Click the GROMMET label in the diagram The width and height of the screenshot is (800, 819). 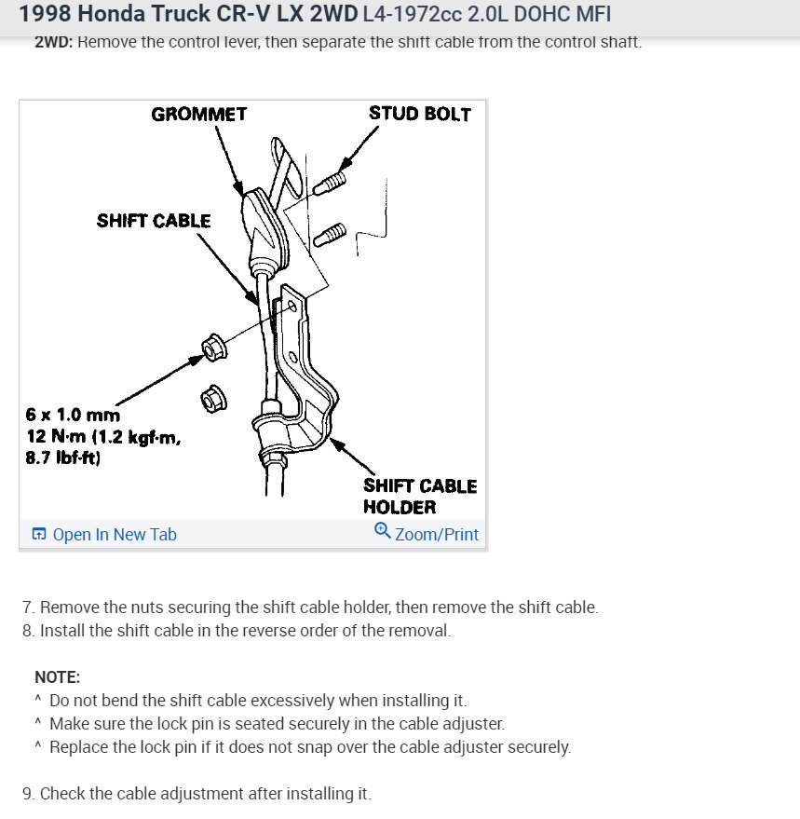(x=198, y=115)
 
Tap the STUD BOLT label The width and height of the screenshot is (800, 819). (x=419, y=114)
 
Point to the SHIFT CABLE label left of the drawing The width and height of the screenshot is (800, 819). (x=154, y=221)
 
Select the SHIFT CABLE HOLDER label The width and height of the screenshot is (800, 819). (x=419, y=497)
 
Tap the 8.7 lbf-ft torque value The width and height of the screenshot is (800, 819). (x=63, y=457)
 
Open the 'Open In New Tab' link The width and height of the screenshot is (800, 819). (x=114, y=534)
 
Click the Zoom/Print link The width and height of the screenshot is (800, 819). (x=436, y=534)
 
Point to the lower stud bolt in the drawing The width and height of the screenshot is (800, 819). (x=332, y=233)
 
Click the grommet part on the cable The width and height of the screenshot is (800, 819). (x=263, y=228)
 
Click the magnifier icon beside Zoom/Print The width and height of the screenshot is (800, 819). (x=382, y=531)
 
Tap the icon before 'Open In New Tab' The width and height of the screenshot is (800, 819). (x=39, y=534)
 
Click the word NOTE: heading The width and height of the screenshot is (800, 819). (x=57, y=677)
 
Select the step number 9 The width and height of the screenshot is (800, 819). (x=28, y=794)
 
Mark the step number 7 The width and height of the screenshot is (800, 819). (x=28, y=607)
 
